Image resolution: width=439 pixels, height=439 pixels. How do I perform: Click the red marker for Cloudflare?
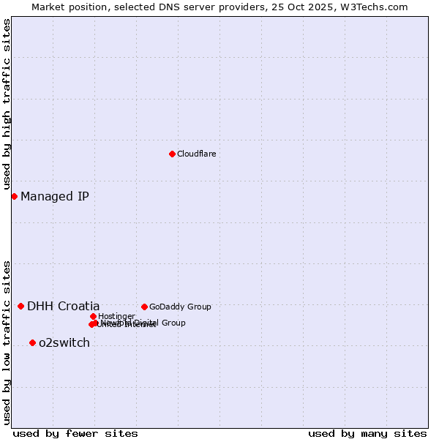coord(172,154)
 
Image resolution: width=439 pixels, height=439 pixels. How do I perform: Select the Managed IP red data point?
coord(14,196)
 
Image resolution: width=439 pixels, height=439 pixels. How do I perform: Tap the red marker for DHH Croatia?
coord(20,306)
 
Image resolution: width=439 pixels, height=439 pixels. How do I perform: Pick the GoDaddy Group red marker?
coord(144,307)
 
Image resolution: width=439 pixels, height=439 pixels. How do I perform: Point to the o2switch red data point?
coord(32,342)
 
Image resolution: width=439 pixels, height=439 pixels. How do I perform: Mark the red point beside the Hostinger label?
coord(93,316)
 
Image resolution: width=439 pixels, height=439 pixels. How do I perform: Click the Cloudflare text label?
coord(196,154)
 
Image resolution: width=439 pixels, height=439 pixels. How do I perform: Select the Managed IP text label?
coord(55,196)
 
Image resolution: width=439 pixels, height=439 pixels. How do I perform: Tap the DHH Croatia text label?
coord(64,306)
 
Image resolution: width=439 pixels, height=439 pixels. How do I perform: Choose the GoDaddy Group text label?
coord(180,307)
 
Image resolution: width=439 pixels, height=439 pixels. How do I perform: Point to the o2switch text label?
coord(64,342)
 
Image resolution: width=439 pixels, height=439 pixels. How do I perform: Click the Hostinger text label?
coord(116,316)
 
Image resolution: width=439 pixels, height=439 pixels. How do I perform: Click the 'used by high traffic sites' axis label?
coord(7,105)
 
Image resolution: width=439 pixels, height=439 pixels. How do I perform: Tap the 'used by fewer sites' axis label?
coord(75,433)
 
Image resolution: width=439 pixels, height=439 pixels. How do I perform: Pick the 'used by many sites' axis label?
coord(367,433)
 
